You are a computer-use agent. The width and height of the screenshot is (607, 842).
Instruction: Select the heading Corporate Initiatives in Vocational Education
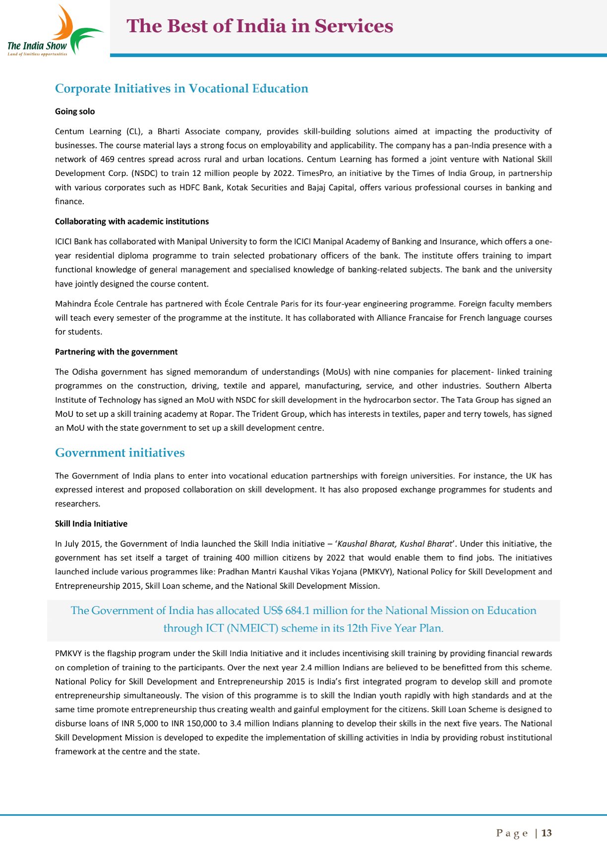(x=182, y=89)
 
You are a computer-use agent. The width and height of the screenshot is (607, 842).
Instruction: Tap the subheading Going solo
(x=75, y=112)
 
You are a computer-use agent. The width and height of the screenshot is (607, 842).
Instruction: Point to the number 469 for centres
(x=107, y=159)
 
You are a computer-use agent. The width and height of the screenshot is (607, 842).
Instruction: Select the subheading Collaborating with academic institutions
(x=132, y=222)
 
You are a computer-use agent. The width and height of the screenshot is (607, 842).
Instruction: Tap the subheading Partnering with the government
(x=116, y=352)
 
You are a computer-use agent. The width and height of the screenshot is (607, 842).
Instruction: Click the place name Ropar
(x=222, y=414)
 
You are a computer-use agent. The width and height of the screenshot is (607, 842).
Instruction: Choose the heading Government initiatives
(x=120, y=453)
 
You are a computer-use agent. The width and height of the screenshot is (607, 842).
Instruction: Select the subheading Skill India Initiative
(x=91, y=524)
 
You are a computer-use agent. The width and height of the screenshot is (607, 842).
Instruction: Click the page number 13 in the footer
(x=546, y=833)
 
